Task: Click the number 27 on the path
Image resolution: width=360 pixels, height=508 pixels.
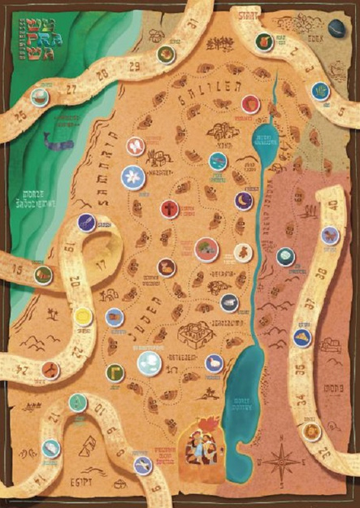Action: coord(74,87)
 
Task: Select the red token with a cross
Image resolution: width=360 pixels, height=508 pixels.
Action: coord(168,209)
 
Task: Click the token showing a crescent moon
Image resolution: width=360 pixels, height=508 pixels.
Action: coord(243,200)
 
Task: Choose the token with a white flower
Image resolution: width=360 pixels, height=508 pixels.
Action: coord(130,176)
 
